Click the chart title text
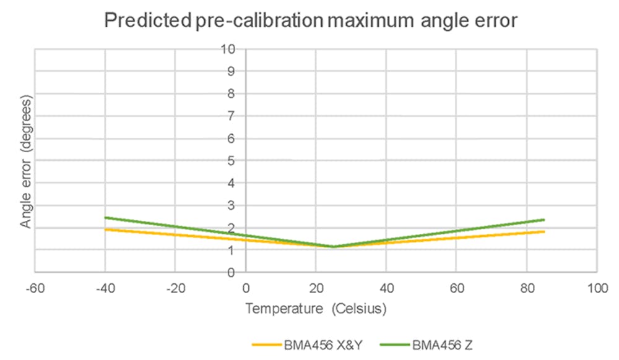coord(310,20)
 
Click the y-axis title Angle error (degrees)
coord(25,160)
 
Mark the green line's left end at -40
coord(105,217)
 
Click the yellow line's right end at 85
coord(544,231)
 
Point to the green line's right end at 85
coord(544,220)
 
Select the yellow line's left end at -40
coord(105,229)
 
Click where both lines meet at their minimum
coord(333,247)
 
